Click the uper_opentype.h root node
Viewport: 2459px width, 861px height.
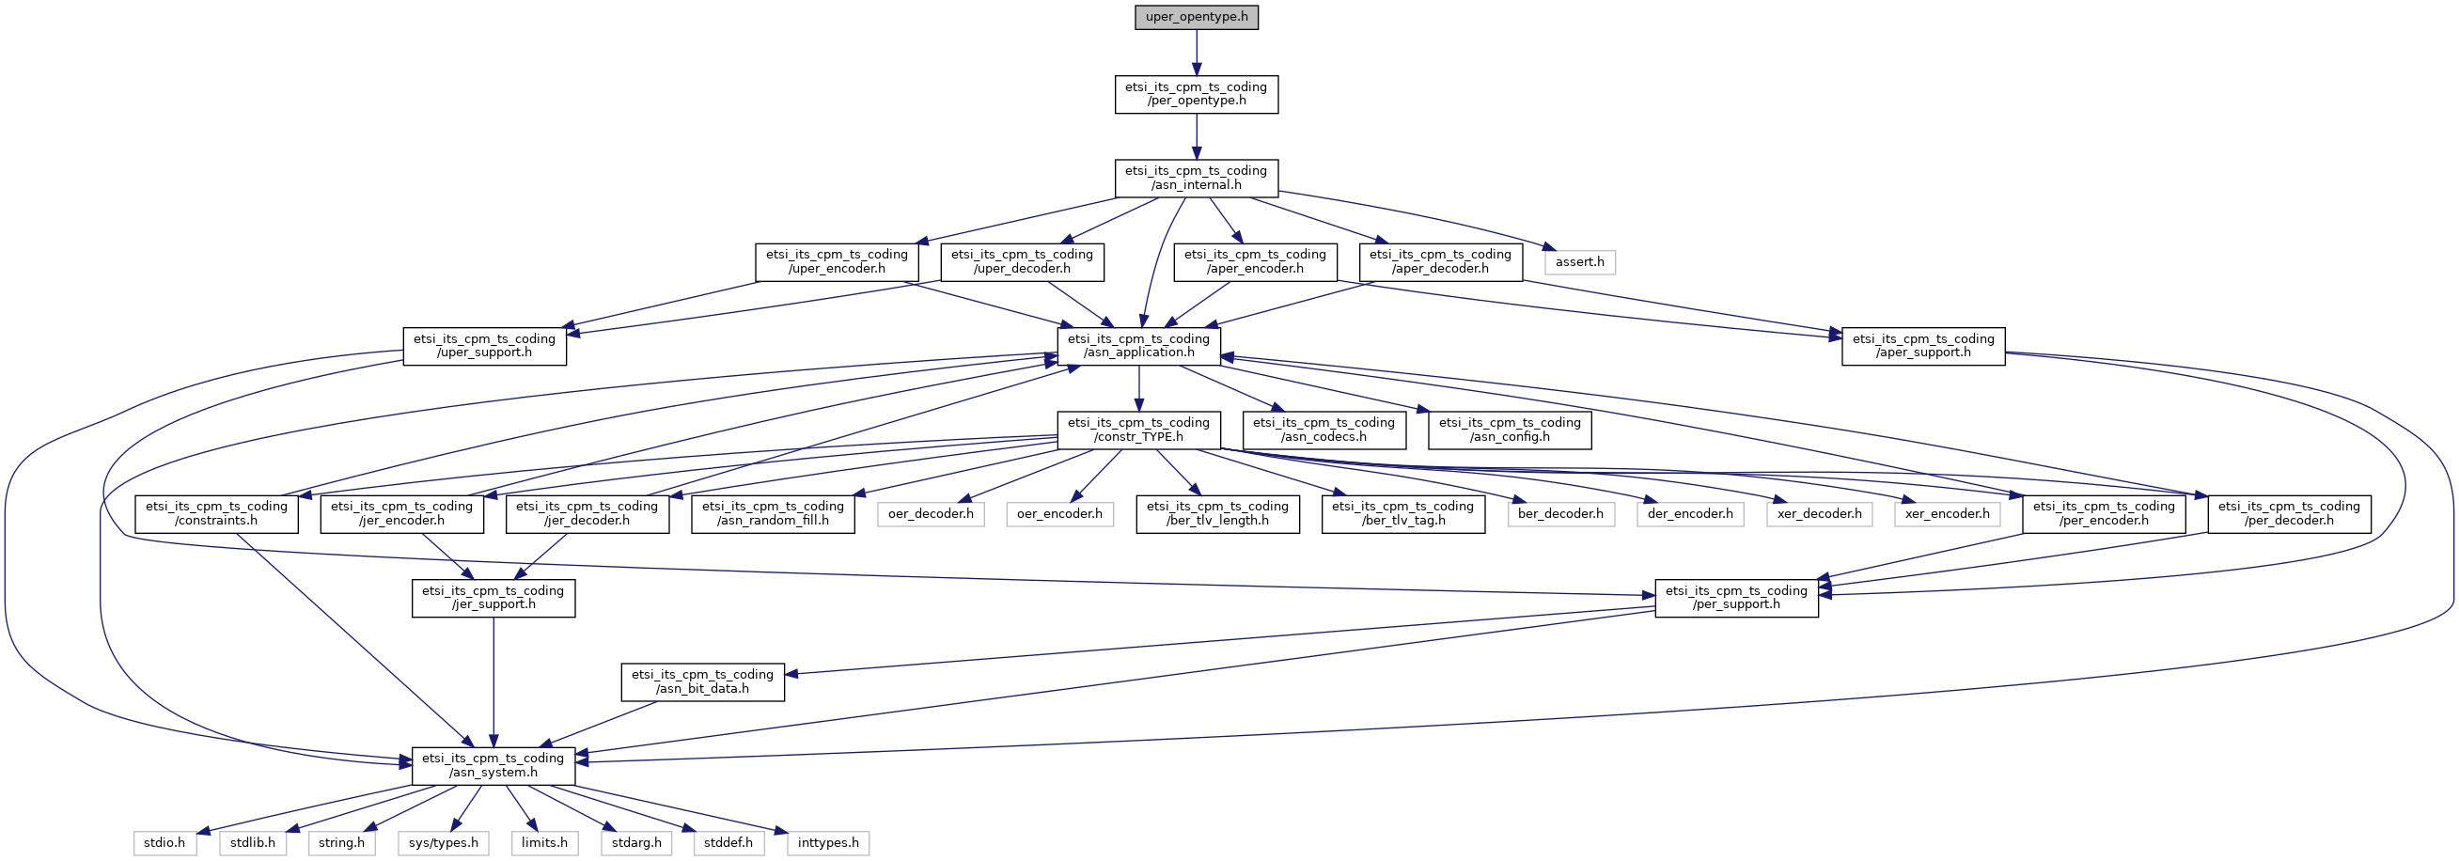coord(1196,17)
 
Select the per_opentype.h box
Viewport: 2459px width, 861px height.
coord(1196,95)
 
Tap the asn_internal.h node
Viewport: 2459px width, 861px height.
coord(1196,179)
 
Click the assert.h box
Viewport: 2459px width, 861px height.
coord(1580,262)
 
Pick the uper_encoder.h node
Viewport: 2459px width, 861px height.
coord(837,262)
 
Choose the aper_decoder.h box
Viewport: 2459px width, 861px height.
coord(1439,262)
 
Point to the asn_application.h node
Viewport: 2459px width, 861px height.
coord(1138,347)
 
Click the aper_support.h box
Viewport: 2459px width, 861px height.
coord(1922,347)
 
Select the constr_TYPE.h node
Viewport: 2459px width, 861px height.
coord(1138,430)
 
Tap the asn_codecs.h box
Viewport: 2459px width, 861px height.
coord(1323,430)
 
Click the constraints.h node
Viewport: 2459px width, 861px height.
coord(216,514)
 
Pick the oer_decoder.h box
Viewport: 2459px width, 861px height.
coord(931,514)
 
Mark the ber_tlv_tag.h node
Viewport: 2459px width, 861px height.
coord(1402,514)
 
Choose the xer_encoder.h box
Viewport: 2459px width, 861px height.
coord(1948,514)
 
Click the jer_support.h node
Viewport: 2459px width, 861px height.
coord(493,599)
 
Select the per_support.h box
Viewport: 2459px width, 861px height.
coord(1735,599)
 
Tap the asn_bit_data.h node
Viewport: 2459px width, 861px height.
coord(701,682)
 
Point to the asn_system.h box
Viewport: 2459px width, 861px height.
coord(493,766)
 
